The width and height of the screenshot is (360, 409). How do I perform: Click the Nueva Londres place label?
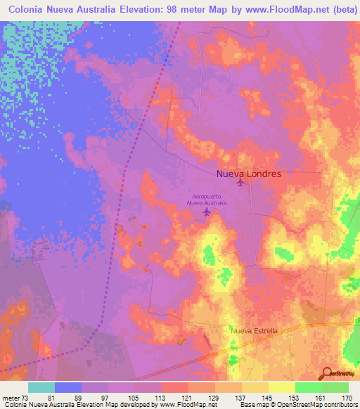click(x=248, y=174)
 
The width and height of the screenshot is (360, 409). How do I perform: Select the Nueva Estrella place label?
click(x=255, y=330)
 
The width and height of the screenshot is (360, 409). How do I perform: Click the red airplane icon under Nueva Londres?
click(x=240, y=183)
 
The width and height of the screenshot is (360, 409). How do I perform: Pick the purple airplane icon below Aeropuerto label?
click(x=206, y=211)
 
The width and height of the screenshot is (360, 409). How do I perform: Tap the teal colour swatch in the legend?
click(x=41, y=387)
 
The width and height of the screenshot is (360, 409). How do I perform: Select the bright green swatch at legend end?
click(x=335, y=387)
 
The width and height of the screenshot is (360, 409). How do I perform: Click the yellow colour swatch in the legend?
click(x=281, y=387)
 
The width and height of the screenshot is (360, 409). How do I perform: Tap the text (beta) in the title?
click(x=335, y=10)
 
